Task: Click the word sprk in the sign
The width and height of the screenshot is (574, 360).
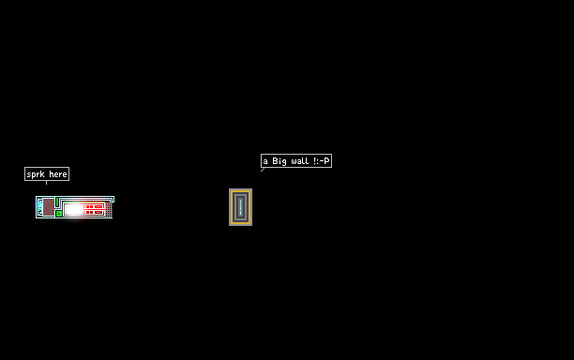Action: [36, 174]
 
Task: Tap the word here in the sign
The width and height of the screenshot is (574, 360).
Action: [58, 174]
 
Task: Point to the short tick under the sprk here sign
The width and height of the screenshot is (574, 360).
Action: [47, 183]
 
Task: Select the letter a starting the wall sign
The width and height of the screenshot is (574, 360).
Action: [265, 161]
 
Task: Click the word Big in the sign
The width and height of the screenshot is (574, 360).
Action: [279, 161]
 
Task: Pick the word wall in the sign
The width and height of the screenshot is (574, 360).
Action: [300, 161]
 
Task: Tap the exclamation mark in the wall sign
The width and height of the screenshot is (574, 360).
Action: [315, 161]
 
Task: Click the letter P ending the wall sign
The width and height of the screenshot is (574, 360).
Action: [327, 161]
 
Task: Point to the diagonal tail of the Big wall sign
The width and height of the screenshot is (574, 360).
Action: [263, 170]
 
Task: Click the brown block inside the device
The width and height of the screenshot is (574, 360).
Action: [49, 207]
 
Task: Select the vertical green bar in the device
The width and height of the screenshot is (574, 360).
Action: [57, 202]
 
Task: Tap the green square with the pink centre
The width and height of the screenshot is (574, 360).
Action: [59, 214]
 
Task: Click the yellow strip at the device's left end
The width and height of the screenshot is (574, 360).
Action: [40, 207]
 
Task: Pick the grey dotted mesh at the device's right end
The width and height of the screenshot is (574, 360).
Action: [109, 210]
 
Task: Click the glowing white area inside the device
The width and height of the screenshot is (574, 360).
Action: [74, 209]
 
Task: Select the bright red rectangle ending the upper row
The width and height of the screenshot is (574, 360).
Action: [98, 206]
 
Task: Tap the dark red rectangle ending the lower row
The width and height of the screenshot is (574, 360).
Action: [98, 212]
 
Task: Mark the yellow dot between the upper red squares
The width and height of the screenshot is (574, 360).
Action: [89, 206]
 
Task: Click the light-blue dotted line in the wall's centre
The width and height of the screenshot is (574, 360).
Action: [240, 207]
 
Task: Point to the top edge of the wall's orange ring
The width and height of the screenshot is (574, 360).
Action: [240, 191]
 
